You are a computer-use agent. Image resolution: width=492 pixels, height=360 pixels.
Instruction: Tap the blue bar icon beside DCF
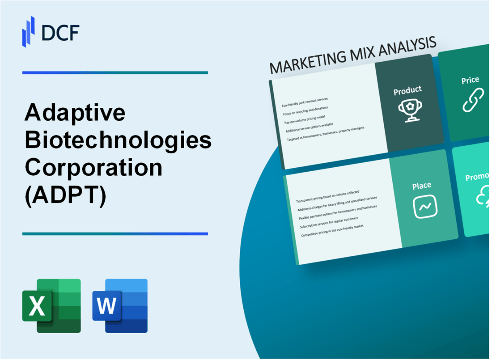pos(29,32)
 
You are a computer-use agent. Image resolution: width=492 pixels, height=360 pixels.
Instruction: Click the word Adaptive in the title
pos(75,113)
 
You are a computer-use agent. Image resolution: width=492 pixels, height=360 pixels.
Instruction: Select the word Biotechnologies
pos(118,140)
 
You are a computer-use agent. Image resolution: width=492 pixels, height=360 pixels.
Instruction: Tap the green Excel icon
pos(51,305)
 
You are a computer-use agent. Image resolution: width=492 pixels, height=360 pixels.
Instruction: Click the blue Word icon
pos(120,305)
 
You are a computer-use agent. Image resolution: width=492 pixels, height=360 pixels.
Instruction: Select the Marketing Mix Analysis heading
pos(353,56)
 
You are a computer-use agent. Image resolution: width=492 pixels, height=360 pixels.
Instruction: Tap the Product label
pos(407,91)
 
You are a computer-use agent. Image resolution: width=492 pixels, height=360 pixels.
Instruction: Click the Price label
pos(470,80)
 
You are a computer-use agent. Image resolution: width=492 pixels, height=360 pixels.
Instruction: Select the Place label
pos(422,185)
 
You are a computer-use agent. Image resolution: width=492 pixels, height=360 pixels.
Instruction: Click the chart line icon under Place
pos(424,207)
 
